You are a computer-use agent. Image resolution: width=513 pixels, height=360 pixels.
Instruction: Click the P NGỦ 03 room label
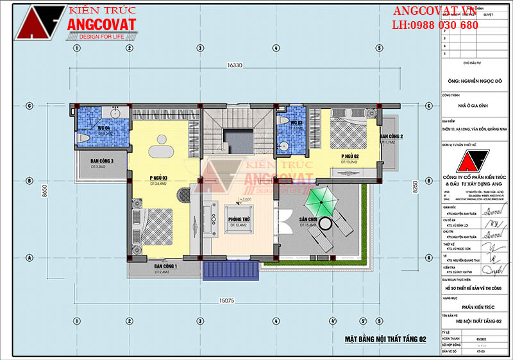[x=158, y=178]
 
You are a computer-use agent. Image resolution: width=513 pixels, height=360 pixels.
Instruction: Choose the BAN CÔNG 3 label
[x=102, y=161]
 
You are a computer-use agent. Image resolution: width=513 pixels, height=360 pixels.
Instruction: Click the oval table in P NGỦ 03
[x=158, y=151]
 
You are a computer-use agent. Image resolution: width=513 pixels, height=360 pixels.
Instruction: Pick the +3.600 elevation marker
[x=244, y=200]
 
